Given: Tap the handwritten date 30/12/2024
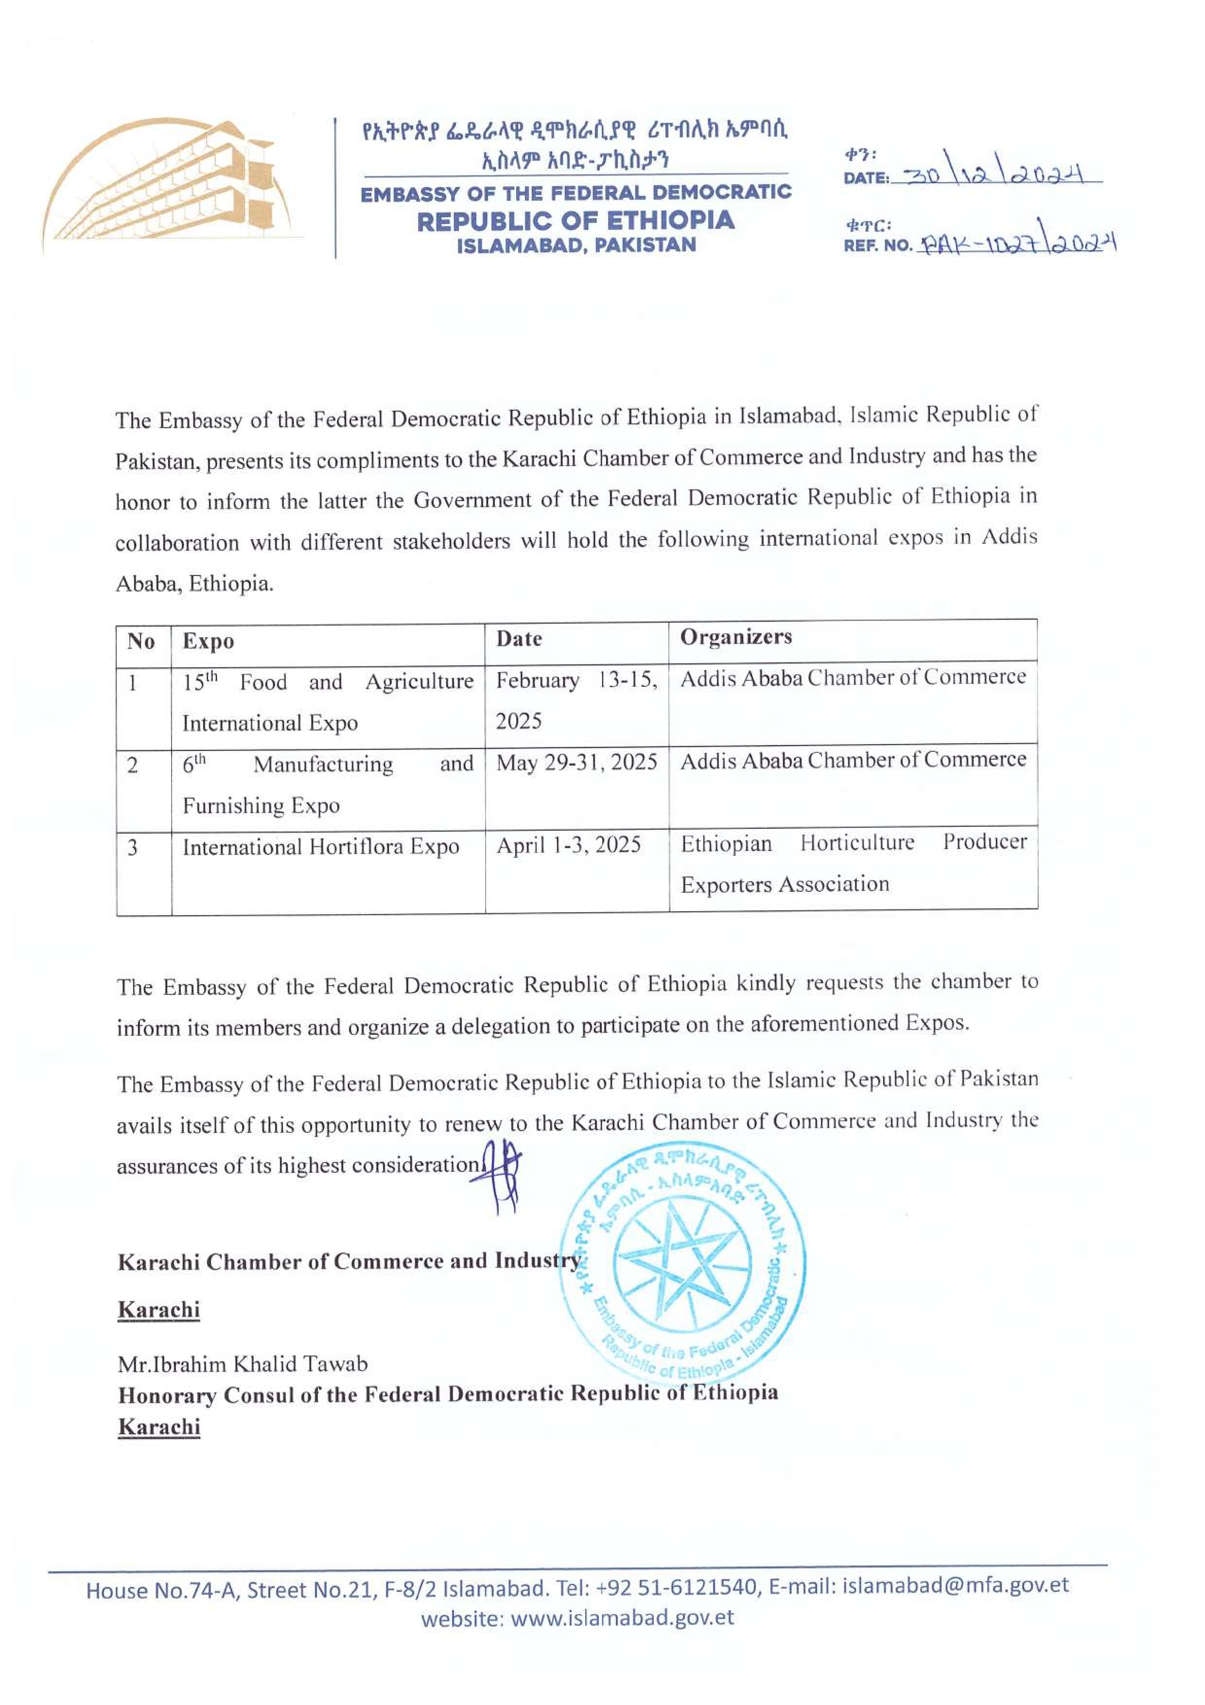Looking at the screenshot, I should [x=995, y=174].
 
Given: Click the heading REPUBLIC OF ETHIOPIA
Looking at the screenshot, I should [x=576, y=221].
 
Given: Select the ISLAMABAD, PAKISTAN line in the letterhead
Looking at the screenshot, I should [x=576, y=246].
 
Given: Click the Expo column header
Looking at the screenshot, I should [x=209, y=642].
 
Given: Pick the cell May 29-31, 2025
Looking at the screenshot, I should [x=576, y=763].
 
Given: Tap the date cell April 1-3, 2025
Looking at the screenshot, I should [x=568, y=845].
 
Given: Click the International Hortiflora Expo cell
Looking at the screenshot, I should [x=321, y=847].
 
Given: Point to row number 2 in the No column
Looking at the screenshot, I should [x=132, y=765].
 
